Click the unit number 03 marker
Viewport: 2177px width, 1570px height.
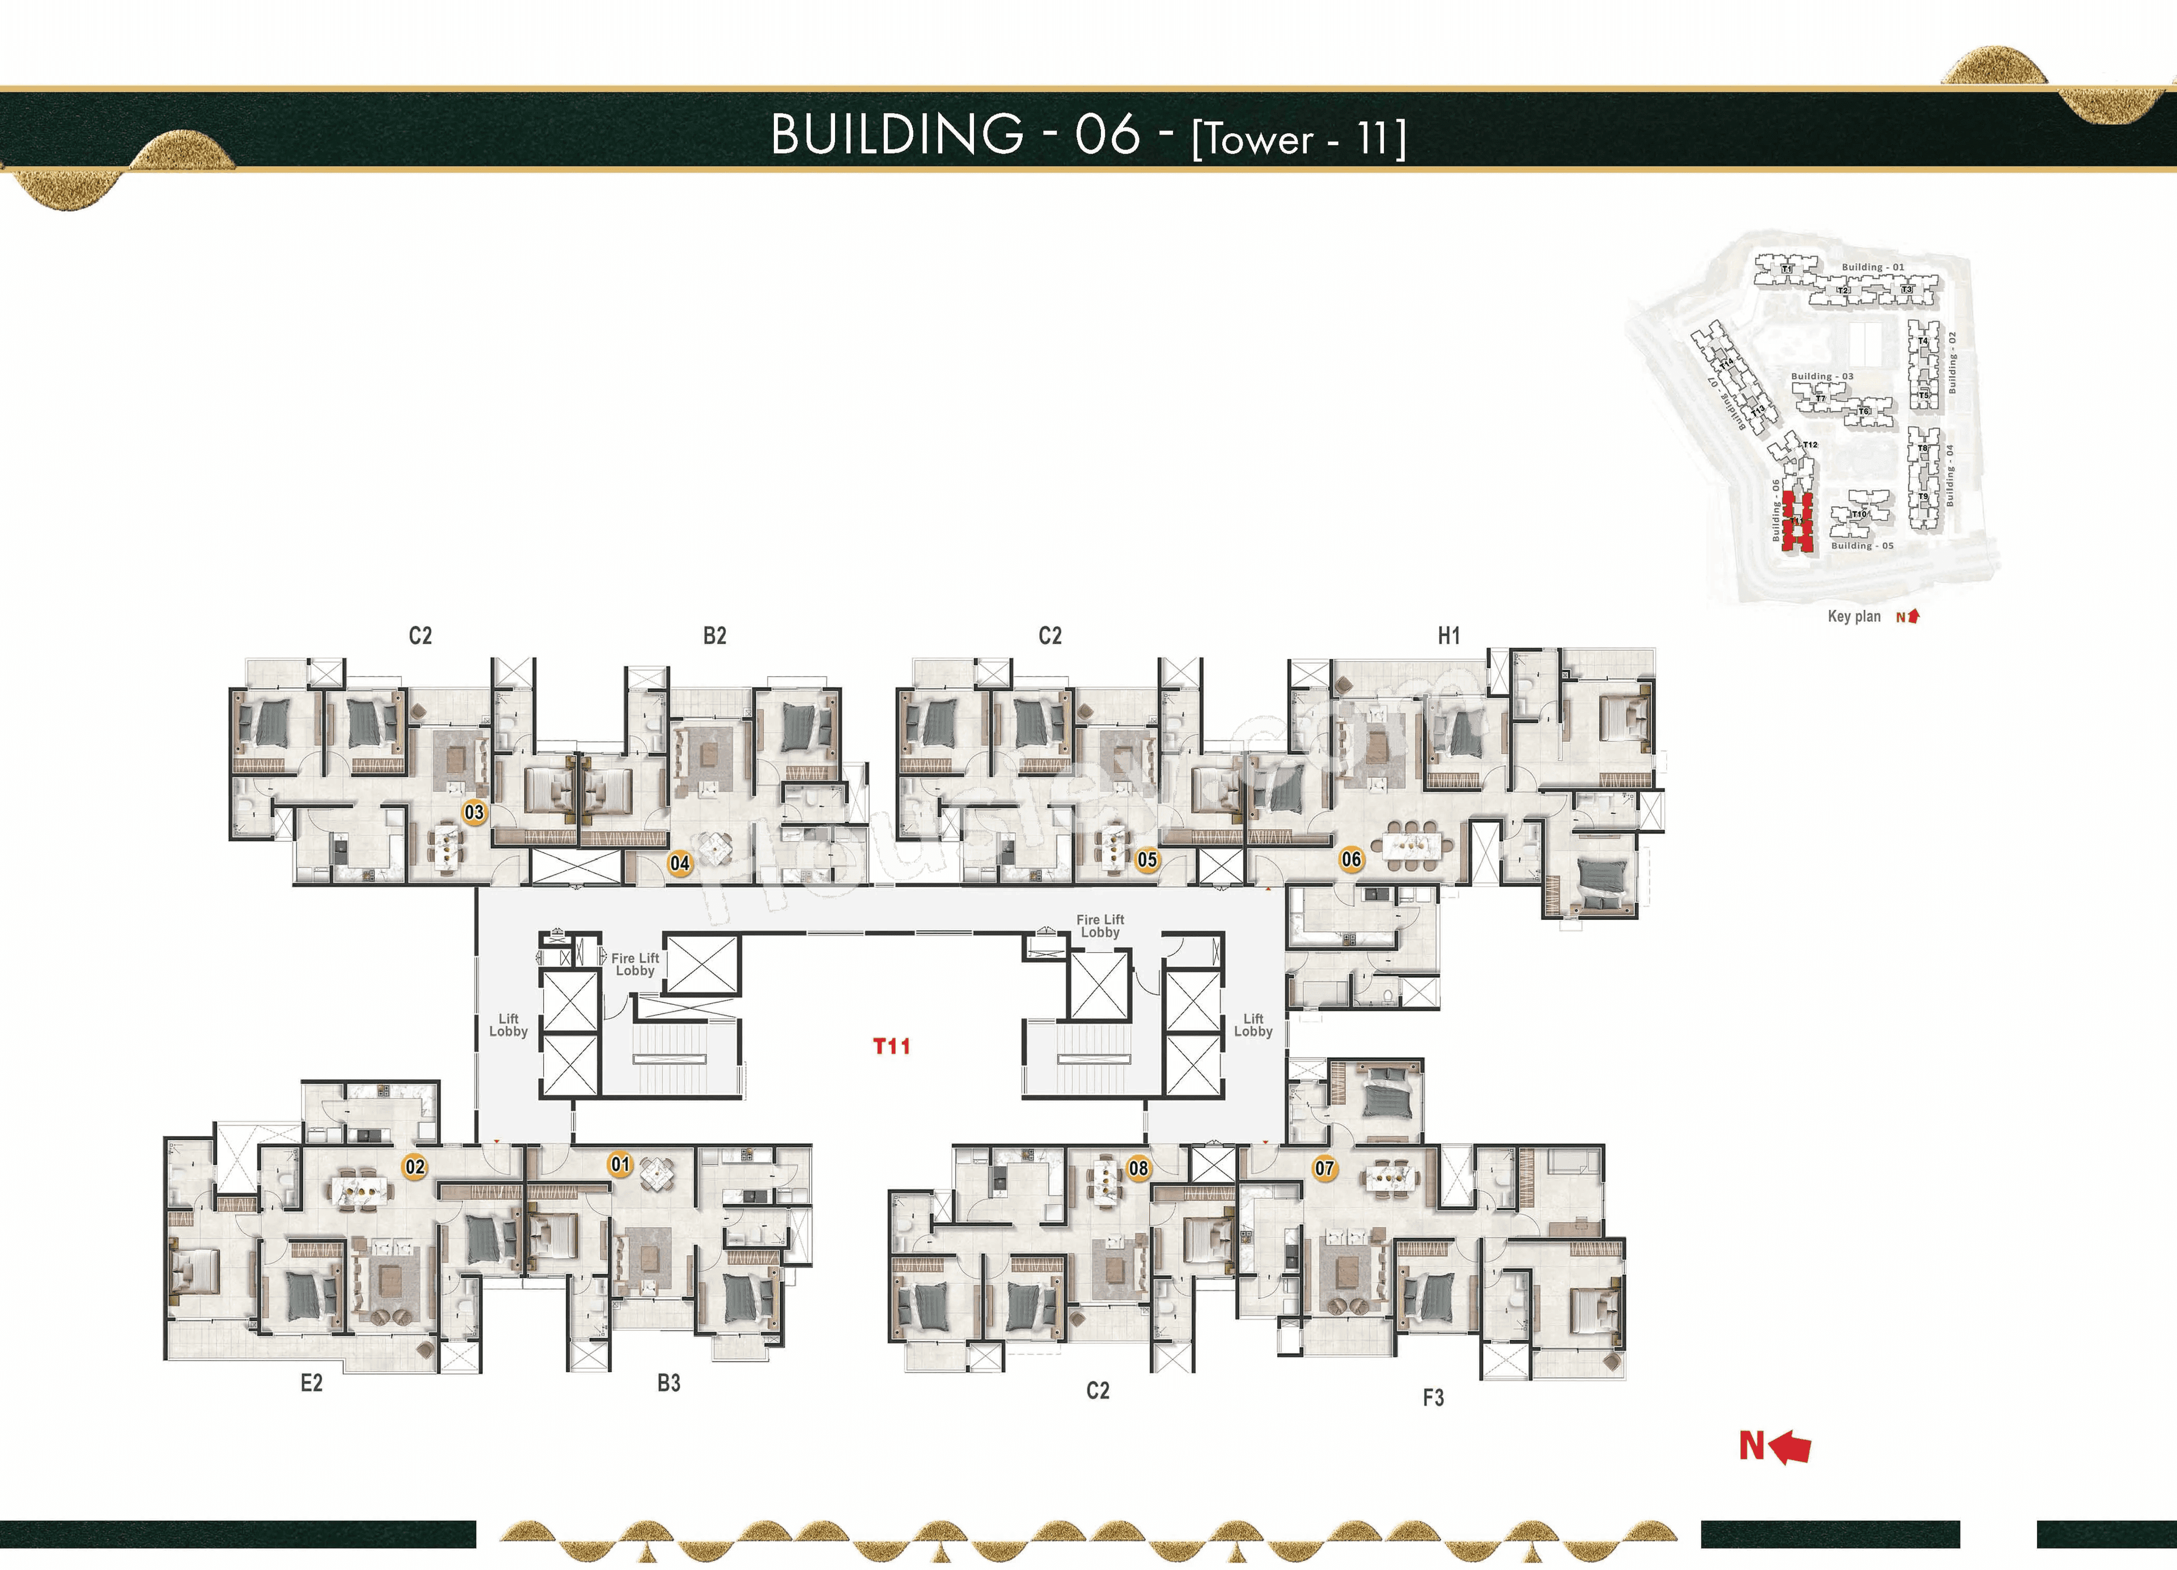pyautogui.click(x=474, y=812)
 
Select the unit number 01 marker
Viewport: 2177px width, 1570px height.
pyautogui.click(x=621, y=1164)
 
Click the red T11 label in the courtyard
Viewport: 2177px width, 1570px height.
pyautogui.click(x=891, y=1046)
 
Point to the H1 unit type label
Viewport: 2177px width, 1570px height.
pyautogui.click(x=1448, y=635)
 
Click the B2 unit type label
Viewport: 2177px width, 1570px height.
pyautogui.click(x=714, y=635)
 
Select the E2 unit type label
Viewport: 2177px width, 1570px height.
pyautogui.click(x=311, y=1383)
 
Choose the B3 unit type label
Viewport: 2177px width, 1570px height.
pyautogui.click(x=669, y=1383)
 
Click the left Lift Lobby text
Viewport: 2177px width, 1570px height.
pyautogui.click(x=508, y=1025)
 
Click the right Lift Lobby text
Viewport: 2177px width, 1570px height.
pyautogui.click(x=1253, y=1025)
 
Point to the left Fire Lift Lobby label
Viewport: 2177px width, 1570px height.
pyautogui.click(x=634, y=964)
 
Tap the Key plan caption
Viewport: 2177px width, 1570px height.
pyautogui.click(x=1853, y=616)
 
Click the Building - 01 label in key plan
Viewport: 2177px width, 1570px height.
pyautogui.click(x=1873, y=267)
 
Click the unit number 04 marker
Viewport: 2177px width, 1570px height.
pyautogui.click(x=680, y=863)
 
